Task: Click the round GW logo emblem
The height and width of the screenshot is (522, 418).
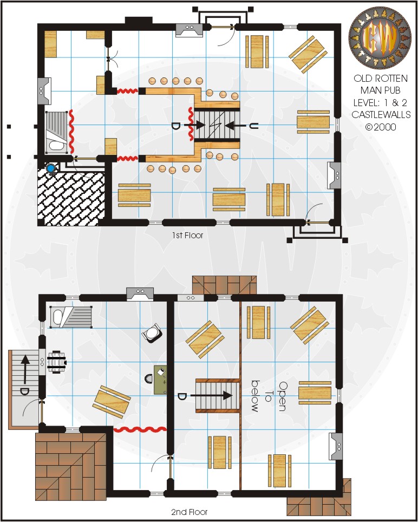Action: tap(380, 37)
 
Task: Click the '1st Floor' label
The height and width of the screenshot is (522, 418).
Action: tap(187, 236)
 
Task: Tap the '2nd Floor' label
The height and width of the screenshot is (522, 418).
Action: tap(189, 512)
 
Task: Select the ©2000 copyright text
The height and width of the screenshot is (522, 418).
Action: tap(381, 127)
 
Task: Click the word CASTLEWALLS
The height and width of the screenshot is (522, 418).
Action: tap(381, 115)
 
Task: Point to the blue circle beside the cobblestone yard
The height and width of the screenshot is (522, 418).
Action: tap(50, 169)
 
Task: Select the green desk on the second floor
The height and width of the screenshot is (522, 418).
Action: tap(160, 380)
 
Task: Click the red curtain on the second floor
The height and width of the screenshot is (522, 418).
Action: tap(140, 429)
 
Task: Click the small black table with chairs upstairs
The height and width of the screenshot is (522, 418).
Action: tap(57, 362)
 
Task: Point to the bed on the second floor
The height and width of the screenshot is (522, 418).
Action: tap(71, 317)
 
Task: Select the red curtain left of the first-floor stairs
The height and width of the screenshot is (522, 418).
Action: tap(191, 123)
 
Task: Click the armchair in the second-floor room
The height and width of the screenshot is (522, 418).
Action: tap(152, 332)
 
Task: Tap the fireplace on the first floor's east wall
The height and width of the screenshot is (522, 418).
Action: tap(334, 176)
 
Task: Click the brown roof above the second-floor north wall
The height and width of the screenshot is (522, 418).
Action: tap(225, 285)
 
